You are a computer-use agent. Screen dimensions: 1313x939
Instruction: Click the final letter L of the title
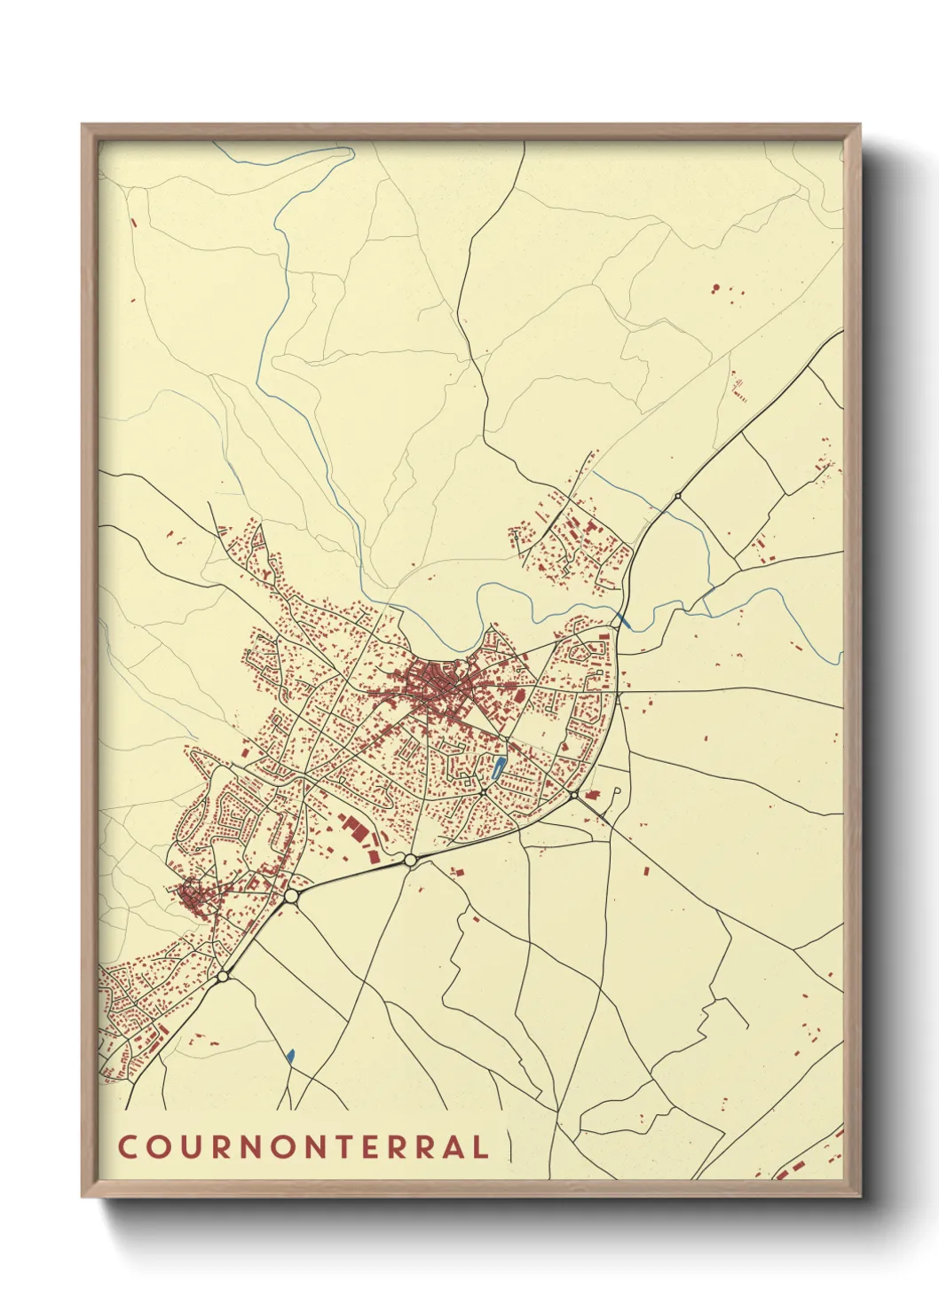[480, 1147]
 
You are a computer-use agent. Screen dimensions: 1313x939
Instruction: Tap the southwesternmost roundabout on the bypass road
[222, 977]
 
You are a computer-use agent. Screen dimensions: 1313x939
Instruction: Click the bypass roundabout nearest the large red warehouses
[410, 860]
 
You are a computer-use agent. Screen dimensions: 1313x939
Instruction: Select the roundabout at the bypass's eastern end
[574, 795]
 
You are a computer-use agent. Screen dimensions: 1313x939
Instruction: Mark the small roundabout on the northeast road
[678, 496]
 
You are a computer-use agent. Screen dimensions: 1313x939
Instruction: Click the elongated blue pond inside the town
[498, 768]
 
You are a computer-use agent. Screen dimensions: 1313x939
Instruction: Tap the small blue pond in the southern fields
[290, 1056]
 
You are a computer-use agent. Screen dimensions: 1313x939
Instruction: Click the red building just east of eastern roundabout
[596, 793]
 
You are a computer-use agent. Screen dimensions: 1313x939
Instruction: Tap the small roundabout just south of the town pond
[483, 789]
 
